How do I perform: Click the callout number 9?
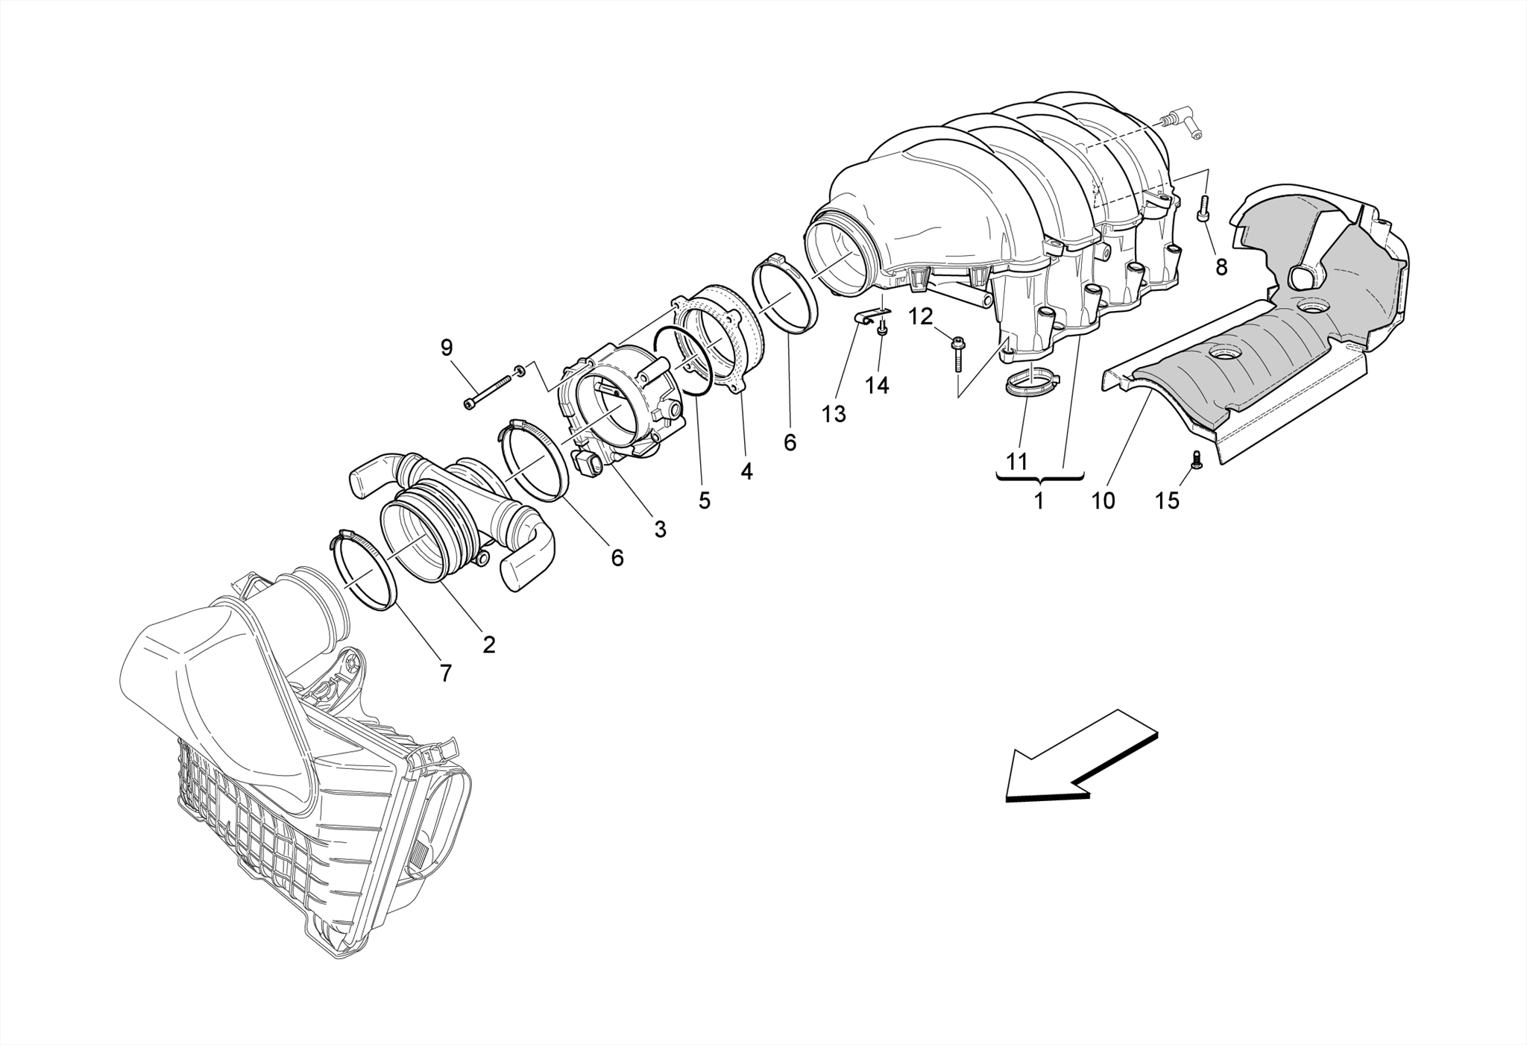(447, 347)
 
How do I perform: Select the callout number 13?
(834, 414)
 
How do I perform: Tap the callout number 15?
(1168, 500)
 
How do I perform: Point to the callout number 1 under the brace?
(1039, 501)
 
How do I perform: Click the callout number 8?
(1221, 267)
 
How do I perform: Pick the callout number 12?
(920, 317)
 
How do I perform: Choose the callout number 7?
(445, 674)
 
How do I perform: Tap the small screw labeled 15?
(1196, 459)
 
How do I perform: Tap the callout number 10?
(1103, 500)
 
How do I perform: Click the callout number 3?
(660, 530)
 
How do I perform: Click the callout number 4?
(746, 471)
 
